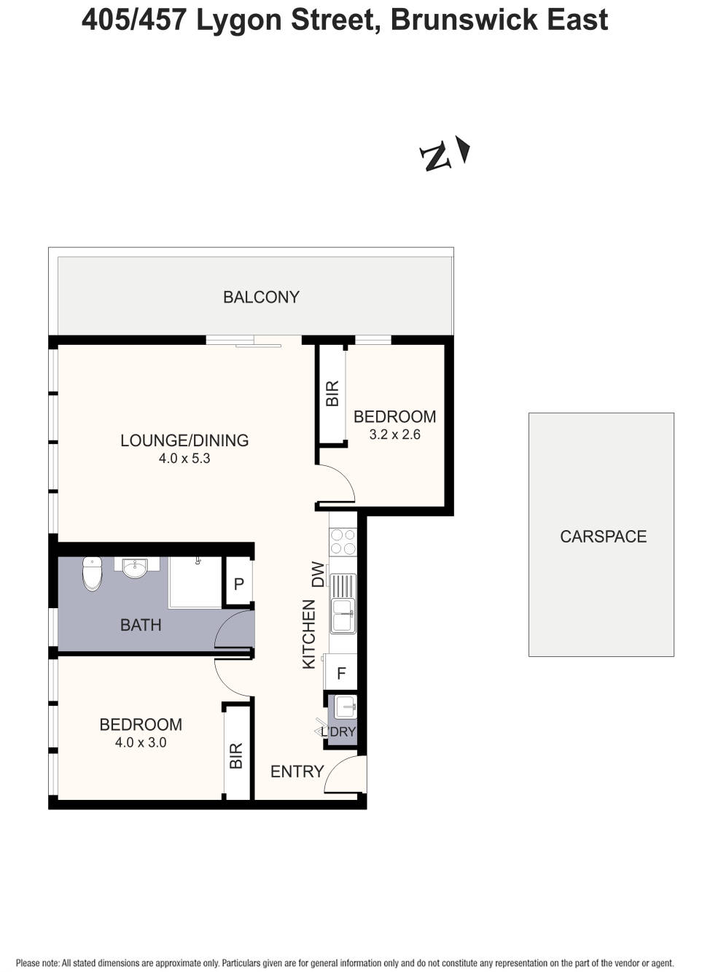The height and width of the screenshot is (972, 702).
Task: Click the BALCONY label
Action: (x=261, y=298)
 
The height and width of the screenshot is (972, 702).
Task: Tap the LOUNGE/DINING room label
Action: (x=184, y=440)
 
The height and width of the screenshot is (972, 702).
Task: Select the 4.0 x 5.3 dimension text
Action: (x=184, y=459)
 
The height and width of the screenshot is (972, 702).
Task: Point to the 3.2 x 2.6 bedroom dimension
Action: (x=394, y=435)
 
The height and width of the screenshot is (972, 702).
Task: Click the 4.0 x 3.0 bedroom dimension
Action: (x=141, y=742)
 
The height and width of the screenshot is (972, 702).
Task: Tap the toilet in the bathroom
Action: (x=92, y=573)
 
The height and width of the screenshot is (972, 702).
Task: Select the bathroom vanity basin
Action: (x=135, y=568)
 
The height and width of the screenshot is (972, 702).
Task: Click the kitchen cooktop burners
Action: (x=343, y=542)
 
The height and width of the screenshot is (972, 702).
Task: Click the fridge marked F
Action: (x=341, y=674)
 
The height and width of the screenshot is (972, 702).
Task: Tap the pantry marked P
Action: (x=238, y=584)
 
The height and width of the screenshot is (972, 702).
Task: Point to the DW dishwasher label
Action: (x=318, y=574)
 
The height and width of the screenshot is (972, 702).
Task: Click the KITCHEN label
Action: (x=309, y=634)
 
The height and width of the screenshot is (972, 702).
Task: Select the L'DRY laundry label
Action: (x=339, y=731)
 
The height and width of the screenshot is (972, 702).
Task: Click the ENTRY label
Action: (x=297, y=771)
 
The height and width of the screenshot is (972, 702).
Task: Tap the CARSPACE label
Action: (x=603, y=537)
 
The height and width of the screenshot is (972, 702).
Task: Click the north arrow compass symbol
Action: (x=445, y=153)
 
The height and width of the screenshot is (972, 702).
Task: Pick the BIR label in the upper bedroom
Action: (x=332, y=394)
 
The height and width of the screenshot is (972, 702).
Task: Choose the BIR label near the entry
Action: (x=236, y=756)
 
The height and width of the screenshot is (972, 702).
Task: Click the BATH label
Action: (x=141, y=625)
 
